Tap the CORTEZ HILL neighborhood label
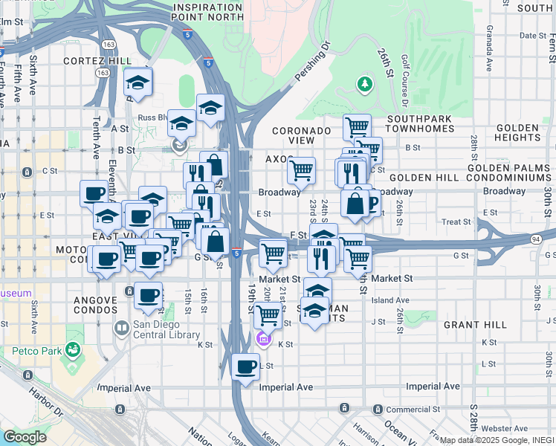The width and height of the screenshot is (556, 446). [97, 61]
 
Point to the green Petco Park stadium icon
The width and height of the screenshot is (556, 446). [73, 348]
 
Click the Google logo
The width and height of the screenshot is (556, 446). [24, 436]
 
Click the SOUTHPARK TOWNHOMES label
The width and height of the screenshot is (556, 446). [420, 123]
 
